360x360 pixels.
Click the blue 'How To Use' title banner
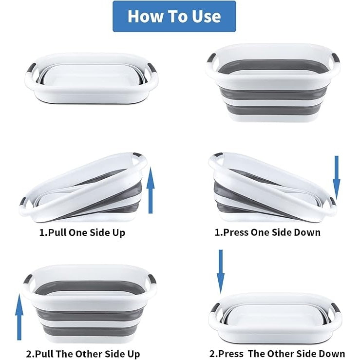(174, 16)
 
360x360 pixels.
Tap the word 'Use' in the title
(207, 17)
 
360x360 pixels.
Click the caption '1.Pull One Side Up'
(82, 232)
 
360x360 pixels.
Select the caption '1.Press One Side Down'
(267, 232)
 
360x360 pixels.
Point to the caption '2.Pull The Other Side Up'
(83, 354)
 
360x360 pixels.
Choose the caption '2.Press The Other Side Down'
(277, 354)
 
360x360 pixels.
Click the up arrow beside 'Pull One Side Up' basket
(151, 190)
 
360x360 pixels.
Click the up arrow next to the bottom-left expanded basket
(19, 317)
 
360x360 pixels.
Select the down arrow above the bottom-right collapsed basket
(221, 272)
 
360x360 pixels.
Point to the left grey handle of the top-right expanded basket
(211, 58)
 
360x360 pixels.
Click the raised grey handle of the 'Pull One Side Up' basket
(138, 155)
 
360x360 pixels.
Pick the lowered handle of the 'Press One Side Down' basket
(333, 201)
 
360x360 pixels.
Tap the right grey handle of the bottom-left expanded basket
(152, 279)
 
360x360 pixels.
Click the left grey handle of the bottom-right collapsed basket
(216, 308)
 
